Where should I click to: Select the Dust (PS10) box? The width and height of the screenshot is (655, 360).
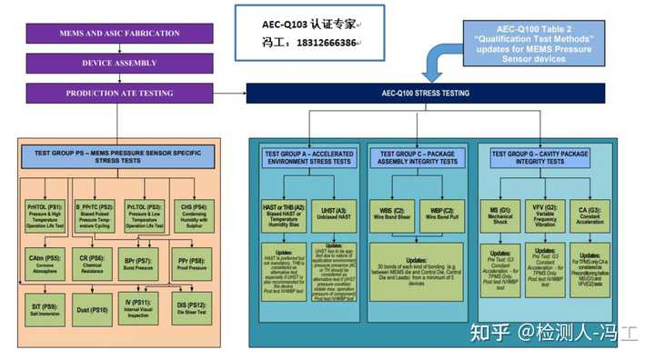94,309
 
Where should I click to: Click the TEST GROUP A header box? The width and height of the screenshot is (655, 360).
309,158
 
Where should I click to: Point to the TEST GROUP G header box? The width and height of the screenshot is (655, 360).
542,158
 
